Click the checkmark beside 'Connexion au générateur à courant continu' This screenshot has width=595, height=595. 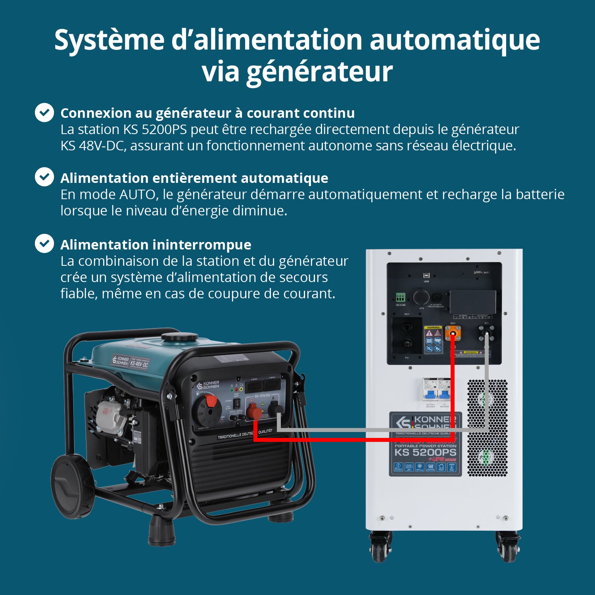tap(44, 113)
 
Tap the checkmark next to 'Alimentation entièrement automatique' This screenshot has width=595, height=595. tap(44, 177)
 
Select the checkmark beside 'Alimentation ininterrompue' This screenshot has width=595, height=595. tap(44, 244)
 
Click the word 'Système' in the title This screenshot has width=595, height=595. tap(109, 40)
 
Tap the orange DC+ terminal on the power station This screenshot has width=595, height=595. tap(453, 333)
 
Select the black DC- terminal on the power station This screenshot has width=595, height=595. tap(486, 332)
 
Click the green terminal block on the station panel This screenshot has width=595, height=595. tap(400, 297)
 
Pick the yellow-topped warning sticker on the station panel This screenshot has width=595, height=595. tap(433, 340)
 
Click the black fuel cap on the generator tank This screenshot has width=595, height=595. tap(180, 338)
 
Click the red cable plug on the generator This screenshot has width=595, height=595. tap(254, 413)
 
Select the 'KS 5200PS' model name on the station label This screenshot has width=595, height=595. tap(425, 452)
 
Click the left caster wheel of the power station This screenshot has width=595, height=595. tap(380, 548)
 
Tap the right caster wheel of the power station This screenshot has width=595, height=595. tap(508, 548)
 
